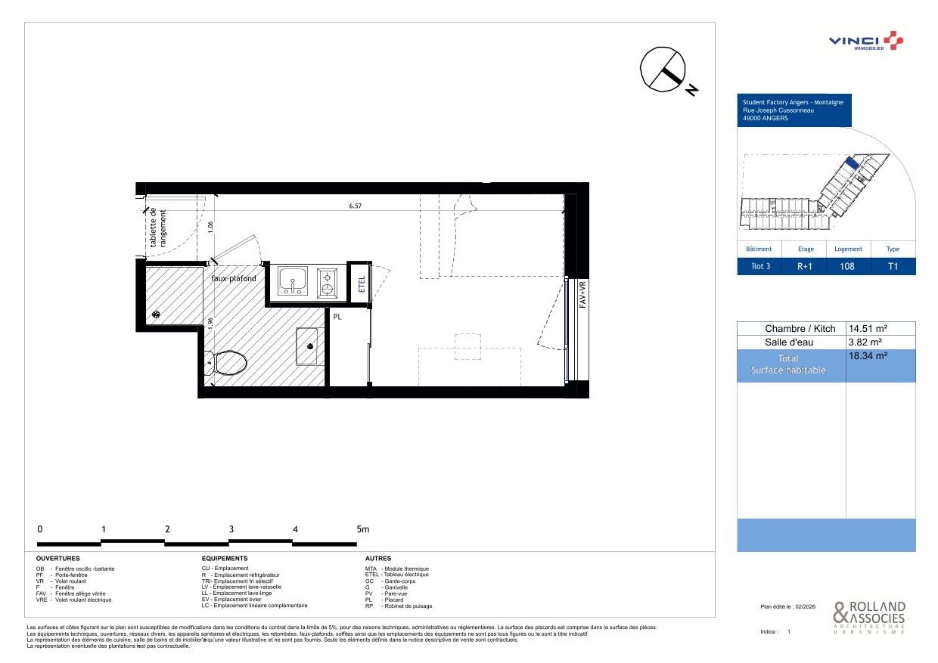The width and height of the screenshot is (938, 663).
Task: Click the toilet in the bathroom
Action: coord(230,364)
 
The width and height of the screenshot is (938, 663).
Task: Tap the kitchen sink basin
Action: coord(292,281)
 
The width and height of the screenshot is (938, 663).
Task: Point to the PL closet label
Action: coord(337,317)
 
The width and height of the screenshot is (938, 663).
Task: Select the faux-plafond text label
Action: coord(233,278)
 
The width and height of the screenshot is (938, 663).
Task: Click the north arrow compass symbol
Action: coord(663,70)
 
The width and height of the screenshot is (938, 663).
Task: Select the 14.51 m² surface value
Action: coord(868,329)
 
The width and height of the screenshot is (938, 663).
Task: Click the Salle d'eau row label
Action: coord(790,342)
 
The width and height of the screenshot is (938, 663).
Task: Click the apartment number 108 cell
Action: coord(848,266)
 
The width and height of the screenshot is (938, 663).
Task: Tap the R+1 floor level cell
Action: coord(806,266)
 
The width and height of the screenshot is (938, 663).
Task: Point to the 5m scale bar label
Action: coord(362,529)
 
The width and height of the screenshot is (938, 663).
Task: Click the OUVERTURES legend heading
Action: coord(57,559)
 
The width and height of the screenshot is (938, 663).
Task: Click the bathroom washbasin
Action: coord(307,346)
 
